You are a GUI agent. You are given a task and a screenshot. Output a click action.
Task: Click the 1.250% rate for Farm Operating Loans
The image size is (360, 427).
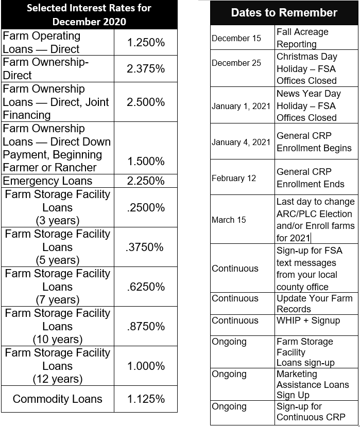point(146,43)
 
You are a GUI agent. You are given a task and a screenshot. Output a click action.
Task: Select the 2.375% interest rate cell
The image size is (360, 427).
point(146,69)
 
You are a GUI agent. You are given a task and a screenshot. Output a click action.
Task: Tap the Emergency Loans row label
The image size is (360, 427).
point(47,181)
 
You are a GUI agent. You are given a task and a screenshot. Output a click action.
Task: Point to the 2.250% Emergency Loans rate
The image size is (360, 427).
point(146,181)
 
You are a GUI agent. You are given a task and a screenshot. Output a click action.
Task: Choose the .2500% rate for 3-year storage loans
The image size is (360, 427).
point(146,208)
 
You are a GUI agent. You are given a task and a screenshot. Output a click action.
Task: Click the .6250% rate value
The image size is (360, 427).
point(146,287)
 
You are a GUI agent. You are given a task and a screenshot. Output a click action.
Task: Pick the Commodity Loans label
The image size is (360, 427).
point(58,399)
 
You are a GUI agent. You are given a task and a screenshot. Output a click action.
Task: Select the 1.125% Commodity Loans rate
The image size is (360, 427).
point(146,399)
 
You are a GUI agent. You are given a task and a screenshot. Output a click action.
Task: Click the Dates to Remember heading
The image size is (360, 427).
point(284,13)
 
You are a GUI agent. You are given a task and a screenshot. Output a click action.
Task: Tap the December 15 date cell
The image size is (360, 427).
point(229,39)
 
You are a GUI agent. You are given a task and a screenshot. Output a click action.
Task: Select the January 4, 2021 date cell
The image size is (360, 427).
point(241,142)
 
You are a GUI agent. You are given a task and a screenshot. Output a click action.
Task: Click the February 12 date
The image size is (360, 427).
point(234,179)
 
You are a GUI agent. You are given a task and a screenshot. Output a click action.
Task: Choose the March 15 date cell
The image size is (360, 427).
point(229,220)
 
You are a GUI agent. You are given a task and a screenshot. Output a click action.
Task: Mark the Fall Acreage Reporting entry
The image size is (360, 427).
point(302,38)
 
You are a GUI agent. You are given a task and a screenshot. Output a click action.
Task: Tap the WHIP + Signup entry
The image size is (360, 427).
point(308,321)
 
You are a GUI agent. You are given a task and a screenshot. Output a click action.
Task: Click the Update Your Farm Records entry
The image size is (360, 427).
point(314,304)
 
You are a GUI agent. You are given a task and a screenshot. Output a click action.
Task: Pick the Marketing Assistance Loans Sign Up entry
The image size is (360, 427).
point(313,384)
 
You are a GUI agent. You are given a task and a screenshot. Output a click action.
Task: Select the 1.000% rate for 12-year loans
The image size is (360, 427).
point(146,366)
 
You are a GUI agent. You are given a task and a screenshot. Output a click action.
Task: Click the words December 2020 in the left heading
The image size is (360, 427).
point(89,22)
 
